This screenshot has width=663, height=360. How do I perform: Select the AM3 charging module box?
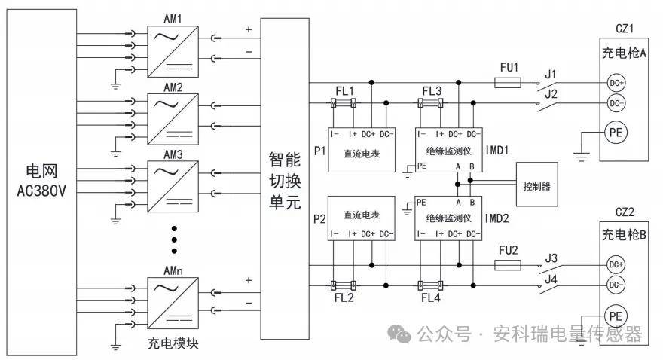[x=173, y=185]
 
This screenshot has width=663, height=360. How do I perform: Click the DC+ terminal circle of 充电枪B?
[x=616, y=264]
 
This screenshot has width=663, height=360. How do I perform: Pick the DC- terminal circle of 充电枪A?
[x=616, y=103]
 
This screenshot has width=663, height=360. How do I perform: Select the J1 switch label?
[x=550, y=73]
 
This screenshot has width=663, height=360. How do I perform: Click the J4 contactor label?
[x=550, y=280]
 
